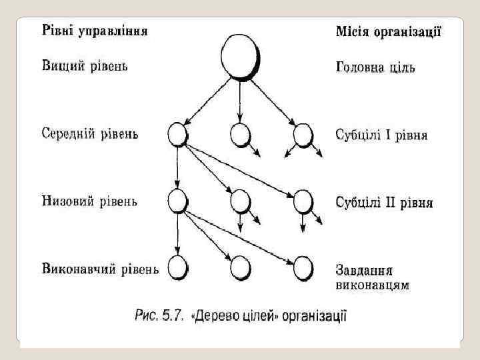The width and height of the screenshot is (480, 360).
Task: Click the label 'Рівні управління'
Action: (95, 31)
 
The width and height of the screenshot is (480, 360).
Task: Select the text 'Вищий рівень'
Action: (85, 66)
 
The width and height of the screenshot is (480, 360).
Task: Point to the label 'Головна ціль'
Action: (375, 68)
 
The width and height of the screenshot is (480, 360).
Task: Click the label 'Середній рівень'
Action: (90, 134)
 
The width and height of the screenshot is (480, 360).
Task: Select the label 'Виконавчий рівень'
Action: (100, 269)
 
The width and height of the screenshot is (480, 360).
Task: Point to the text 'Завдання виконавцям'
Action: (372, 278)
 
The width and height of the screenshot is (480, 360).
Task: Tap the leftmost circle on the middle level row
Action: (177, 135)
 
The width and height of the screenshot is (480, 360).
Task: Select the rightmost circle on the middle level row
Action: (303, 135)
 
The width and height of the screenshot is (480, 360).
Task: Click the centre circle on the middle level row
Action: (239, 135)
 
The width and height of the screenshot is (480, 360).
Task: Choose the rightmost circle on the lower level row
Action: (303, 201)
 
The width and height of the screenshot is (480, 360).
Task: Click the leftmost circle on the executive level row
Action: (177, 268)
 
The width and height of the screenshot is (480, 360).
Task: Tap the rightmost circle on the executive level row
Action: (303, 268)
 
